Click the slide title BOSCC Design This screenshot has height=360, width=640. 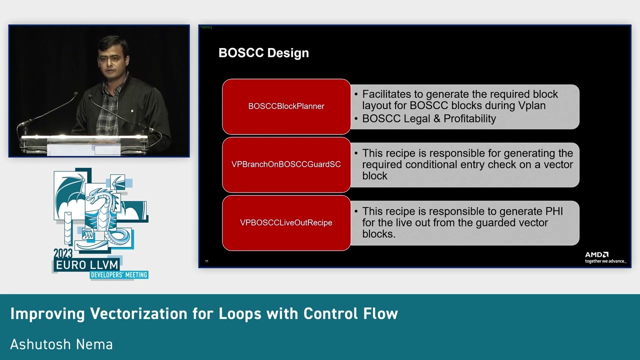(x=263, y=53)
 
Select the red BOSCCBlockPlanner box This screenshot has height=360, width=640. (x=286, y=106)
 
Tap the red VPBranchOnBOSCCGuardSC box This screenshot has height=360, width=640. (x=286, y=164)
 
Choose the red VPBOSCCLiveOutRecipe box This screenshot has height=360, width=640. (x=286, y=222)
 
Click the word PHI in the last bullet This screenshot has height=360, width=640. (x=553, y=211)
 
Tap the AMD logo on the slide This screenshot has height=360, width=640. (x=597, y=255)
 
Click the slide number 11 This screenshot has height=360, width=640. (x=206, y=261)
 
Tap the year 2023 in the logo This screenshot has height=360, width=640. (x=63, y=253)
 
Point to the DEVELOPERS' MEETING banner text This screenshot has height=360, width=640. (x=119, y=274)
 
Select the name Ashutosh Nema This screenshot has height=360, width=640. (x=61, y=344)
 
